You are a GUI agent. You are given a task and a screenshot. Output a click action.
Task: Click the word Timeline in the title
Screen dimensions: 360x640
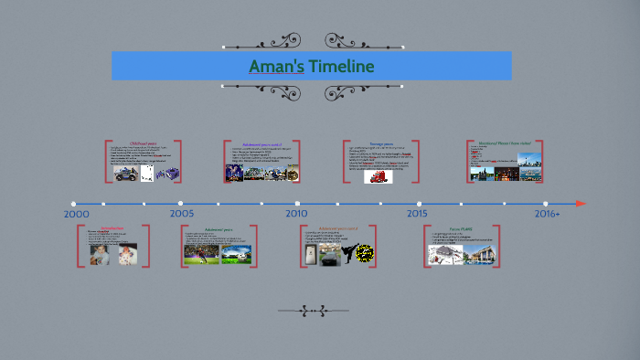(x=341, y=67)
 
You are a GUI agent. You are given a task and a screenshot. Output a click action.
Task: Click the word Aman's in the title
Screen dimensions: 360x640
(x=277, y=67)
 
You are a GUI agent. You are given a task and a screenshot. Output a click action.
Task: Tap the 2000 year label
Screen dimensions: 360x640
(x=77, y=213)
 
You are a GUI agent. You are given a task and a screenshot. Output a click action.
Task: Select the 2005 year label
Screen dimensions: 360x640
(x=181, y=213)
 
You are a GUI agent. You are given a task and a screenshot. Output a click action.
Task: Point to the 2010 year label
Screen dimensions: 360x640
(x=296, y=213)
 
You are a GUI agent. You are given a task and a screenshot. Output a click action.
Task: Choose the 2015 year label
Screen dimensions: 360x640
(x=417, y=213)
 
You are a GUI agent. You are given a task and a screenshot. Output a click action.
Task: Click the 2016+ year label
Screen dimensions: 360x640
(x=547, y=213)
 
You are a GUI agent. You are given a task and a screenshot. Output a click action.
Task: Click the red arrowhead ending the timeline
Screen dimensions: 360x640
(x=581, y=203)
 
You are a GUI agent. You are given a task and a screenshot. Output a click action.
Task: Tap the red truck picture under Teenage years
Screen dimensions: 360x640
(x=378, y=176)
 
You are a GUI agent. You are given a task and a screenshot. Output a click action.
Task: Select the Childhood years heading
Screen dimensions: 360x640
(x=144, y=143)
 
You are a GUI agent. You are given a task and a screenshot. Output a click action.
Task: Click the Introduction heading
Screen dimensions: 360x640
(x=112, y=228)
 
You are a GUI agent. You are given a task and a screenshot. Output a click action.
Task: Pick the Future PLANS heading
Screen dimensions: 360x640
(x=461, y=228)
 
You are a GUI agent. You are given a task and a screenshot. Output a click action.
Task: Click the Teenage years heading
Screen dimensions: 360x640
(x=381, y=143)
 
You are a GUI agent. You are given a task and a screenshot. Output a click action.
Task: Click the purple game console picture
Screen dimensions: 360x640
(x=166, y=174)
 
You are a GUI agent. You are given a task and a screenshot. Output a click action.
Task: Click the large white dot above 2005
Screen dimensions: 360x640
(x=181, y=203)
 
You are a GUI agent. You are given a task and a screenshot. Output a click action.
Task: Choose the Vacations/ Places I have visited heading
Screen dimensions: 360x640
(x=505, y=143)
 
